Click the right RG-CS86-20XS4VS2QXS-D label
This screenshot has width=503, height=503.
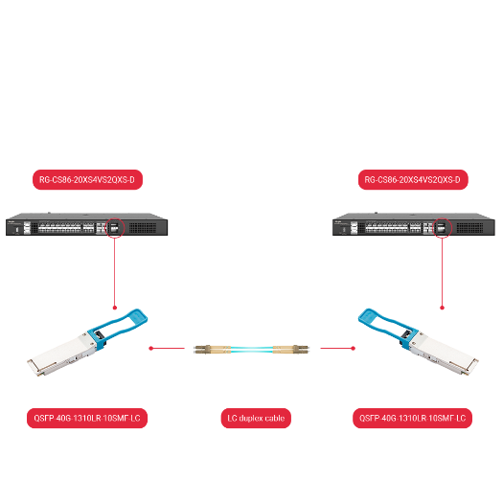pyautogui.click(x=412, y=179)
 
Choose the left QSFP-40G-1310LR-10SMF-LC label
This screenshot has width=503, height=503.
pyautogui.click(x=88, y=419)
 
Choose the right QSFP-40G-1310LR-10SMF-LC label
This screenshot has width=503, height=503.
pyautogui.click(x=413, y=419)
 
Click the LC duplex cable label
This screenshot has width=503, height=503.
pyautogui.click(x=254, y=419)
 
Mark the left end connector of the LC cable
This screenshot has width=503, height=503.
pyautogui.click(x=202, y=349)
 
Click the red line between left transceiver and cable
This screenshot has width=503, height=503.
pyautogui.click(x=167, y=349)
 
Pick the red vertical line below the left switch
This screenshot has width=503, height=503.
pyautogui.click(x=115, y=274)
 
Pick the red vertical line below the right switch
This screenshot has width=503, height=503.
pyautogui.click(x=442, y=274)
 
